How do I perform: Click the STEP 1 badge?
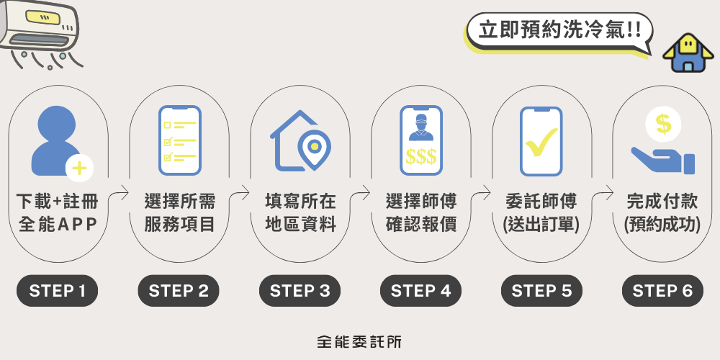(x=57, y=291)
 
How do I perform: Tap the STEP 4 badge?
(x=420, y=291)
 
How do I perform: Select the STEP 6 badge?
(x=662, y=291)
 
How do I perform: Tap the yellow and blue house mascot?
(x=688, y=53)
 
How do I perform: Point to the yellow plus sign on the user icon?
(x=79, y=168)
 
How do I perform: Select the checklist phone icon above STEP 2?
(x=179, y=140)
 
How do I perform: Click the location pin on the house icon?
(x=314, y=149)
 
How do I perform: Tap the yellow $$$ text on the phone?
(x=421, y=156)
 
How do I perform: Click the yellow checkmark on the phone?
(x=541, y=142)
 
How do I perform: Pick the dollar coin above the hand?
(x=663, y=124)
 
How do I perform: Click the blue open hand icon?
(x=663, y=161)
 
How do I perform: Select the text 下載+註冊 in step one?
(x=58, y=202)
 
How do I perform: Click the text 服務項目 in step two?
(x=179, y=225)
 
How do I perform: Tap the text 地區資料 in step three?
(x=300, y=225)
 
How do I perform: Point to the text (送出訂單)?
(x=541, y=225)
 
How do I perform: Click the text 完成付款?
(x=662, y=202)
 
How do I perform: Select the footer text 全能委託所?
(x=359, y=341)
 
